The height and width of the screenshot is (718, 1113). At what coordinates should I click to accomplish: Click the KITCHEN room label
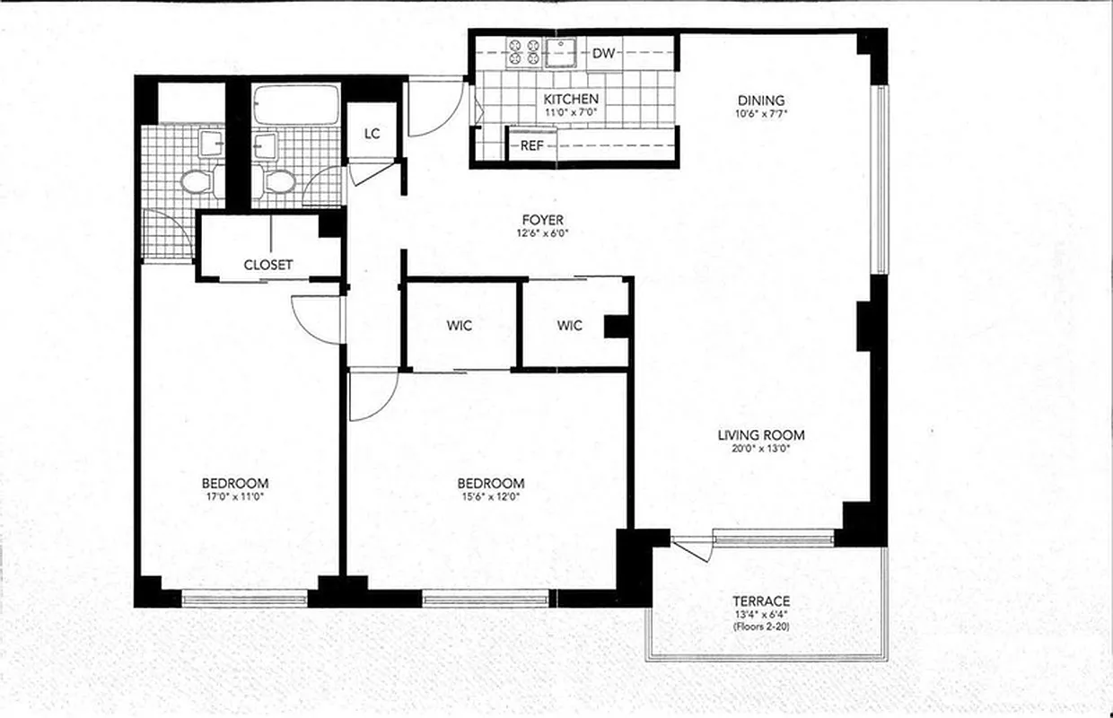571,99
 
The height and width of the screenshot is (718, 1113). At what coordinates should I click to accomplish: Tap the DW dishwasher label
604,54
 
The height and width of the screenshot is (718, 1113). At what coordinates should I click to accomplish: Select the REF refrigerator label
531,144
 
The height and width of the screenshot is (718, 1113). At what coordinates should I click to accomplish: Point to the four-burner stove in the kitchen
522,52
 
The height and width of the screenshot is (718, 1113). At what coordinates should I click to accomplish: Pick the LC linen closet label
372,134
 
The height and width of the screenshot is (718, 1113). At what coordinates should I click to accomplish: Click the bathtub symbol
295,105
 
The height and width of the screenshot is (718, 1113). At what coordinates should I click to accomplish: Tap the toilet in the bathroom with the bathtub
278,183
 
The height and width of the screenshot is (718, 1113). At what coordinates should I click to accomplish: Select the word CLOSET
267,265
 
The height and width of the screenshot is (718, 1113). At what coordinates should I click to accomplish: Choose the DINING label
760,101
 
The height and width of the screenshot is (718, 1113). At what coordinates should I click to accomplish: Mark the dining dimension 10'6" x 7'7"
760,114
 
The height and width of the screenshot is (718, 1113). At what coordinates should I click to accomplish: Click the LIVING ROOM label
761,435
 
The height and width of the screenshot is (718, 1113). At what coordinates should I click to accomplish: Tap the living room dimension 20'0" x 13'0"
761,449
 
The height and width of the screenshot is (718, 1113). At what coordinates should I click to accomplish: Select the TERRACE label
760,600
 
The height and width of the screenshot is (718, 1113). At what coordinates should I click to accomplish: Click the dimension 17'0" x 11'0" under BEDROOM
234,496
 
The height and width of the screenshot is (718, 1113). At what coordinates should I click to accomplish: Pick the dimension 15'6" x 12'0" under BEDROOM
490,496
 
